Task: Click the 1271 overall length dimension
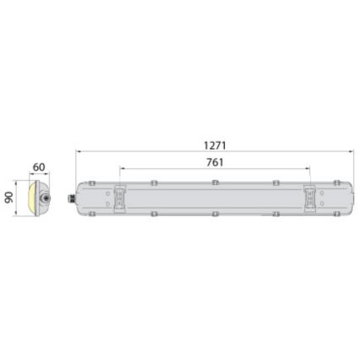tap(216, 145)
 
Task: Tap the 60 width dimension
tap(39, 168)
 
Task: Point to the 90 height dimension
tap(11, 196)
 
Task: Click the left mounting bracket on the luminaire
tap(120, 198)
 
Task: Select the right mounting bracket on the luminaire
tap(310, 198)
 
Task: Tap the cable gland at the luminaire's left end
tap(72, 198)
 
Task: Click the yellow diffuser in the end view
tap(31, 197)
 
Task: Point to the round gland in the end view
tap(49, 197)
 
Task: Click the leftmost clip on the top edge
tap(90, 183)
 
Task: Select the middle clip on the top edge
tap(215, 182)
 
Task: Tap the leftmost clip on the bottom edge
tap(90, 214)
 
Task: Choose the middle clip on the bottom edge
tap(215, 215)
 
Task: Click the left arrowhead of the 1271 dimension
tap(79, 152)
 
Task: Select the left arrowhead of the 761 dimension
tap(122, 168)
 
